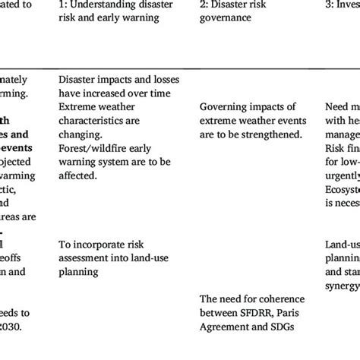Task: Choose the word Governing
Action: tap(226, 107)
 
